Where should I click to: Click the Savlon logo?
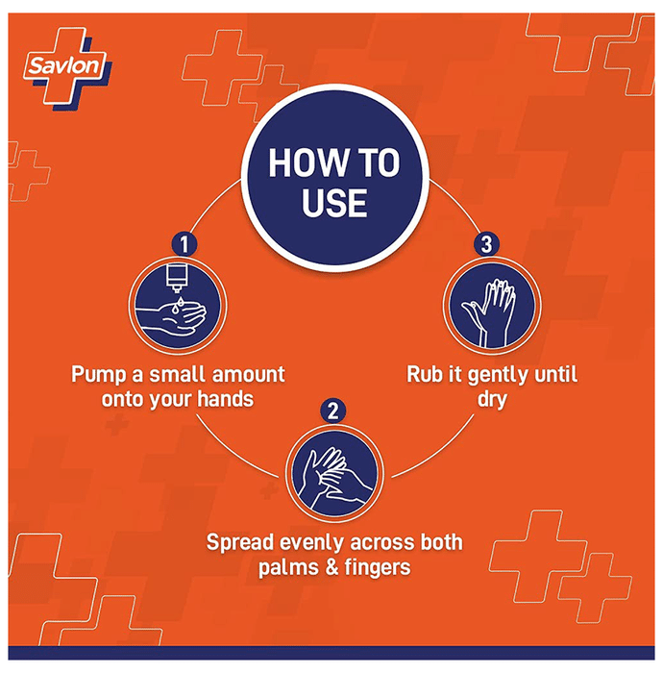pos(67,67)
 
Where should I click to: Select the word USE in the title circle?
pos(334,203)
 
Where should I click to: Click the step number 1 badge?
pos(184,244)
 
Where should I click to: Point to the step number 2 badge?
pos(332,411)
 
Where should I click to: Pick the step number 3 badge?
pos(486,244)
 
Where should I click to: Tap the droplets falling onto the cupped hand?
pos(178,305)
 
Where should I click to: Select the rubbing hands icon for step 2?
pos(334,474)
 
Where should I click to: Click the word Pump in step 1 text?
pos(99,375)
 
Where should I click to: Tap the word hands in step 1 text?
pos(226,400)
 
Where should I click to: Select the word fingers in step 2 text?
pos(378,568)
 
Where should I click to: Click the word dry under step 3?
pos(492,400)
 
